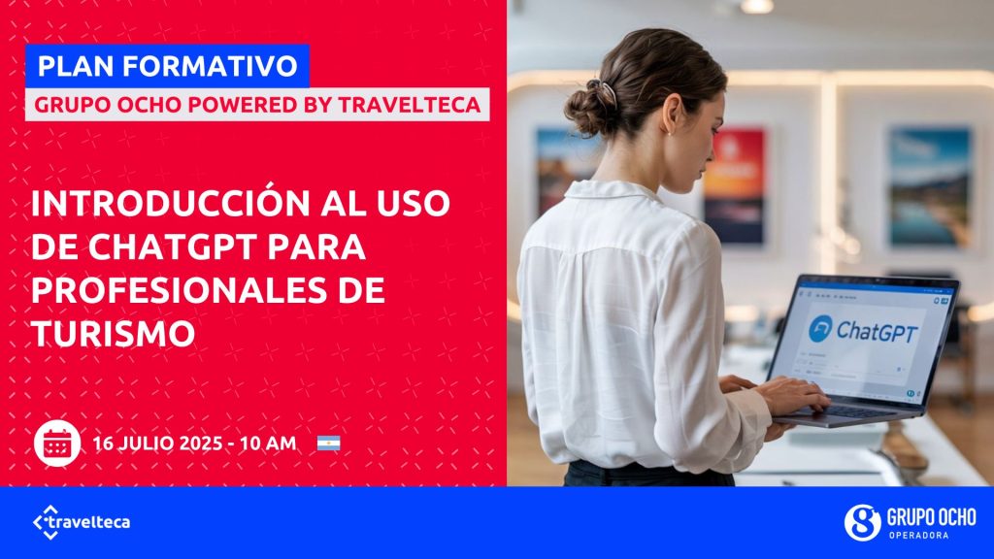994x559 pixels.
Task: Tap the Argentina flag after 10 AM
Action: pyautogui.click(x=328, y=444)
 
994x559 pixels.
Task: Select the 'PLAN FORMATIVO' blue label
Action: pyautogui.click(x=167, y=66)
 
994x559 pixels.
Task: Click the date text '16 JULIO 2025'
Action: pyautogui.click(x=165, y=444)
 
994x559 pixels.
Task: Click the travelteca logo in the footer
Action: pyautogui.click(x=82, y=522)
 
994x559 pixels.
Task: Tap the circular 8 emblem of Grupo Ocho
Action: pyautogui.click(x=861, y=522)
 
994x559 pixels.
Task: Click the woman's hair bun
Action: pyautogui.click(x=588, y=107)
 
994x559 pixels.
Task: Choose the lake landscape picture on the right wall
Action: pyautogui.click(x=929, y=186)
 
